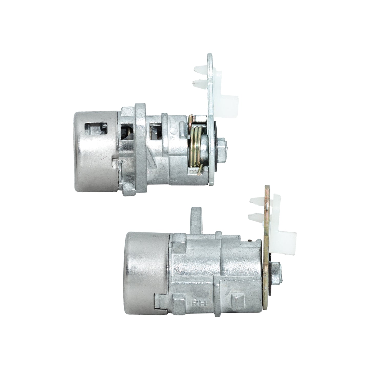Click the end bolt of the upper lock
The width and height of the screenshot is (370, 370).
pyautogui.click(x=222, y=145)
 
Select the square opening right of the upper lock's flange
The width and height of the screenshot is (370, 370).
pyautogui.click(x=155, y=132)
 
